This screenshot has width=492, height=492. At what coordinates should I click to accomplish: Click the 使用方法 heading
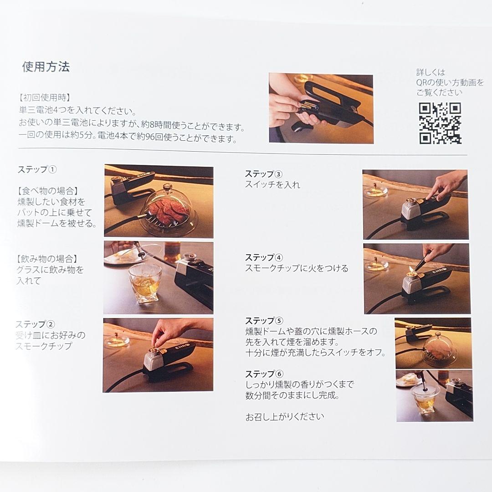(x=46, y=67)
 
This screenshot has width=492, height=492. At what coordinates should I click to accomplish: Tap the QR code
(x=440, y=123)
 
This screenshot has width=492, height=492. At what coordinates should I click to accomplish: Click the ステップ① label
(x=37, y=169)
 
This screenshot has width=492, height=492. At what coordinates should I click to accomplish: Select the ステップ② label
(x=35, y=324)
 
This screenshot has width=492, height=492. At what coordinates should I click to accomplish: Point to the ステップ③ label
(x=264, y=174)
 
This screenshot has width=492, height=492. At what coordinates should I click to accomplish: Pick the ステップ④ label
(x=264, y=257)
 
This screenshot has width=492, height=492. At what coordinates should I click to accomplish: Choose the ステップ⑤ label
(x=264, y=321)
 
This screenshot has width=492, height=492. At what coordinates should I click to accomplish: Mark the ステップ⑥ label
(x=264, y=374)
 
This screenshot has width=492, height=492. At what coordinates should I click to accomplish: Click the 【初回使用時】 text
(x=44, y=98)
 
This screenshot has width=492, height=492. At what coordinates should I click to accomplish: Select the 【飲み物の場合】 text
(x=47, y=259)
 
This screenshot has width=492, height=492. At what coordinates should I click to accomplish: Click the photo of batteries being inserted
(x=321, y=108)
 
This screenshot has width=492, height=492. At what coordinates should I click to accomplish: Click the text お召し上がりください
(x=285, y=417)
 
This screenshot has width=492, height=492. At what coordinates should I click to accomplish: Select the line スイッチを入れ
(x=272, y=185)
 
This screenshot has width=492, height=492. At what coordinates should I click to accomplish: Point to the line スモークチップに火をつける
(x=297, y=268)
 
